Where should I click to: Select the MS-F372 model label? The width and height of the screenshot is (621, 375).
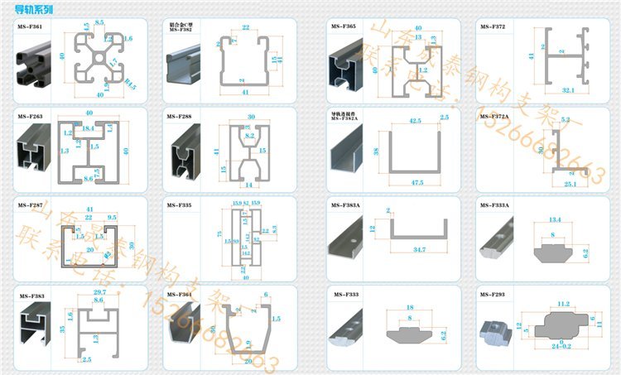[x=493, y=27]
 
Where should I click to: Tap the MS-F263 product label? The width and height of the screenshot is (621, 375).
[x=31, y=117]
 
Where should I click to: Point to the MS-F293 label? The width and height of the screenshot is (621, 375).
[x=493, y=294]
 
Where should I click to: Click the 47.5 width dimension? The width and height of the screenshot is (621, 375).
[x=416, y=181]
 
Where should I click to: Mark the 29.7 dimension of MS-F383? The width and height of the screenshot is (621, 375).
[x=99, y=293]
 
